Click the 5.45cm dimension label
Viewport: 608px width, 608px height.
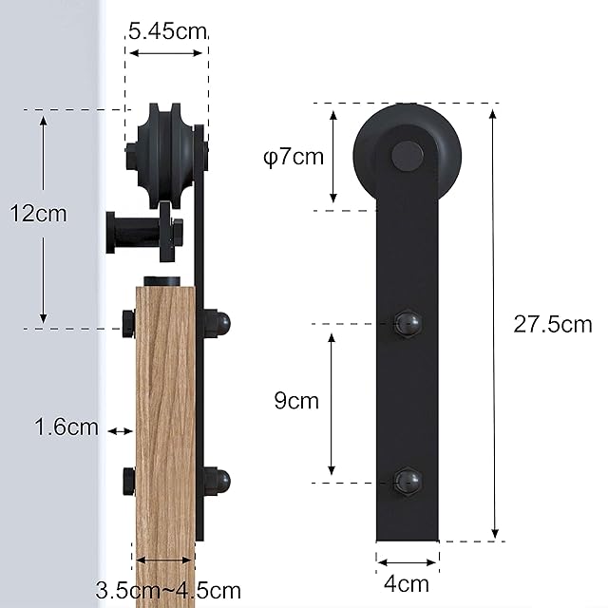pos(167,31)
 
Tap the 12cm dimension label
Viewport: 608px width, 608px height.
pos(38,214)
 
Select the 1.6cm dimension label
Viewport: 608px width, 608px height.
pos(66,427)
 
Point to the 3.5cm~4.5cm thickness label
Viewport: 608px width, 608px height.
pos(168,591)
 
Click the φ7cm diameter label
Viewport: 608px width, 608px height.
pos(294,157)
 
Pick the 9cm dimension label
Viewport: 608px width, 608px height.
pos(296,401)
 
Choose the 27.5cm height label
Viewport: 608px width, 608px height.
pos(553,324)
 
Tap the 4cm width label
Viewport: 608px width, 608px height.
pos(407,583)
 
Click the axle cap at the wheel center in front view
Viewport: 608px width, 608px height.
pos(408,156)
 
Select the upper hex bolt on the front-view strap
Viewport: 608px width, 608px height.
pos(408,324)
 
